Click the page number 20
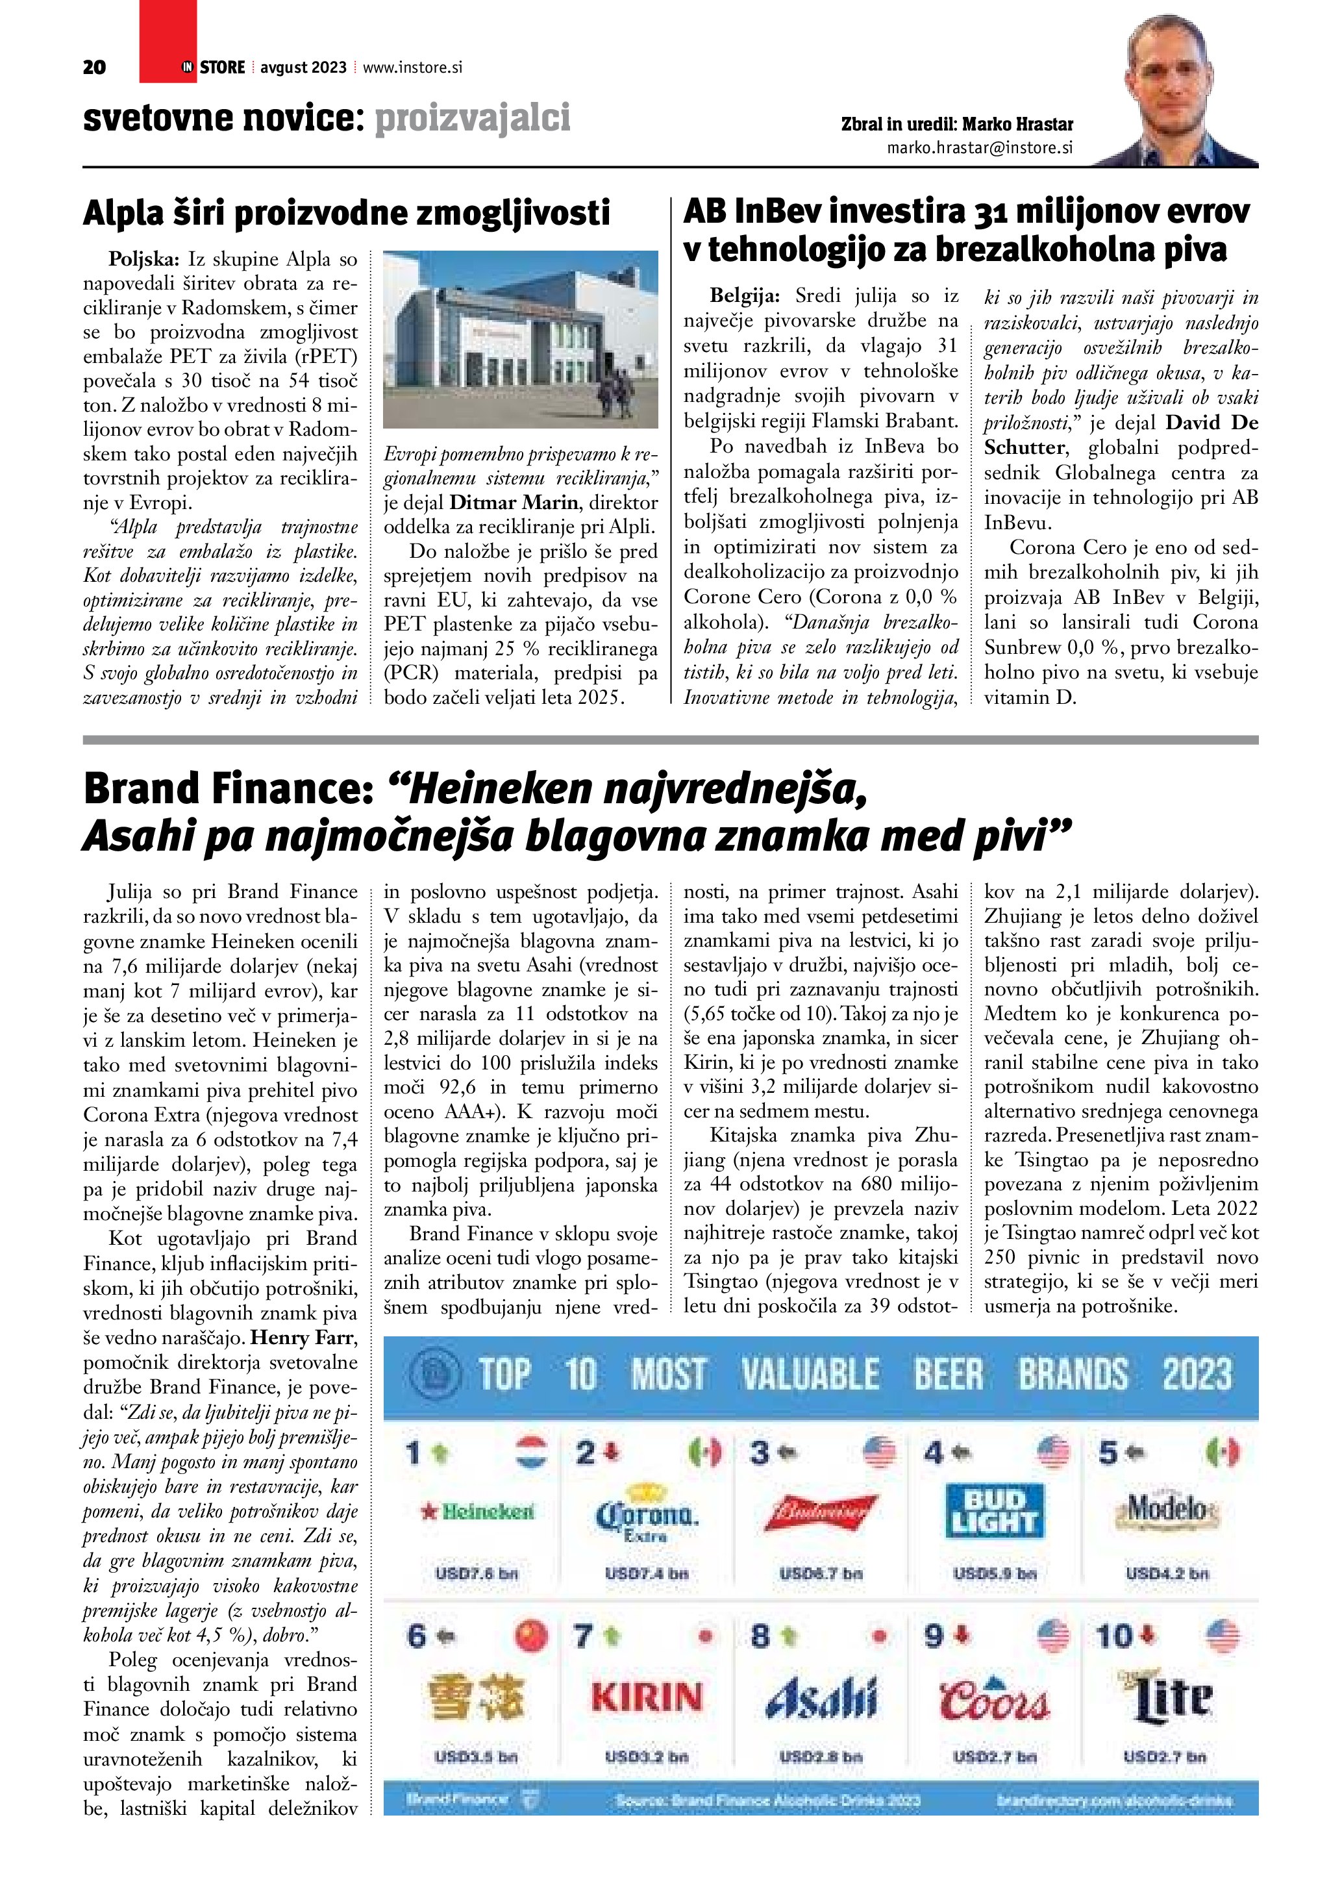pos(94,68)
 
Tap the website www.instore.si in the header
pos(412,68)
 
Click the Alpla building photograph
pos(521,340)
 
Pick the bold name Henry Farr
pos(303,1338)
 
